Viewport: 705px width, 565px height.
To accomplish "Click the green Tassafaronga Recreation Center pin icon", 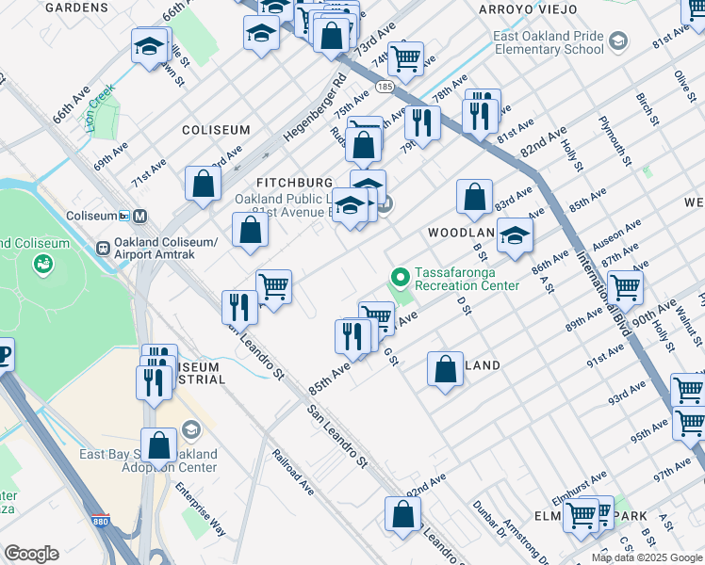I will (x=400, y=277).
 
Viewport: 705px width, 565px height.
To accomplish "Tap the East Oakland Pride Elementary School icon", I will (x=616, y=41).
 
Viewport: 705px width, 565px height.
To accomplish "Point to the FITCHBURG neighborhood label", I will (x=295, y=182).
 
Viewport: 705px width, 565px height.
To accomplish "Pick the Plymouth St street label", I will (x=613, y=140).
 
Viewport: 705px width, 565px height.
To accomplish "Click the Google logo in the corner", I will (x=31, y=554).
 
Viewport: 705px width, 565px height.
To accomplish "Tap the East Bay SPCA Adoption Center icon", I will (x=190, y=430).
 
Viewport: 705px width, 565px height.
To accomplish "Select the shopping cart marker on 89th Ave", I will (x=624, y=286).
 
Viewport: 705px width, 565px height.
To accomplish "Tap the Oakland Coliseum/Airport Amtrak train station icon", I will (x=103, y=249).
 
